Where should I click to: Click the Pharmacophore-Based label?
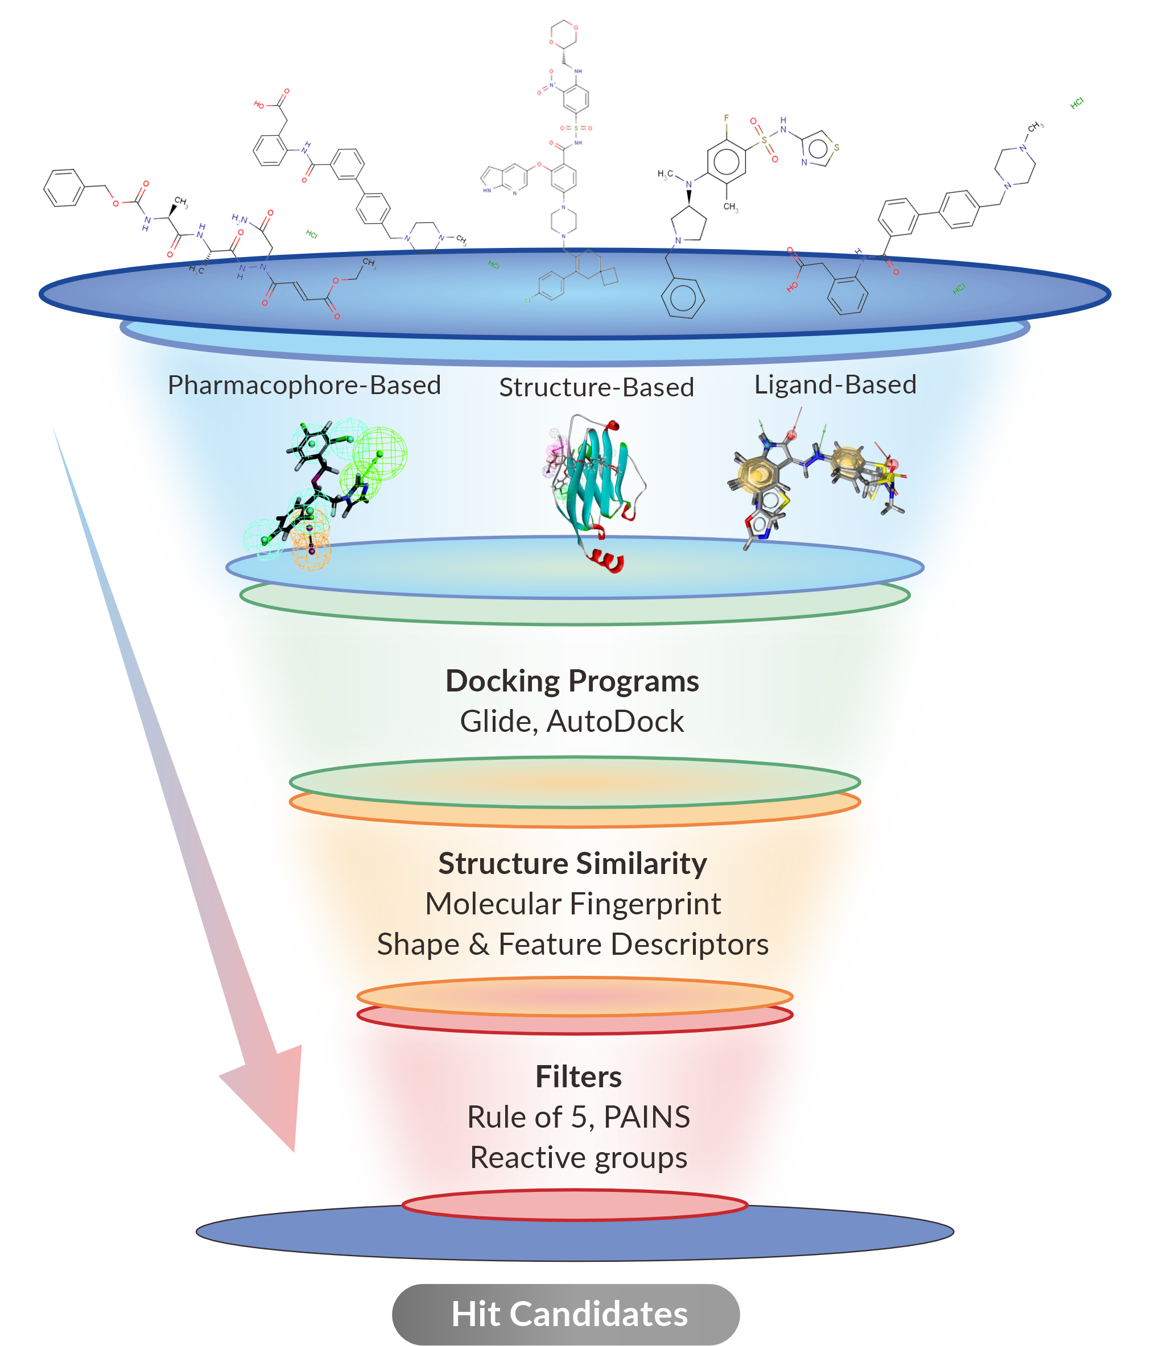pyautogui.click(x=304, y=385)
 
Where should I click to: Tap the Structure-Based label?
pyautogui.click(x=596, y=387)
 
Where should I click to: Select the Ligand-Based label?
pyautogui.click(x=835, y=384)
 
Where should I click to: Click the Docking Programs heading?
pyautogui.click(x=572, y=681)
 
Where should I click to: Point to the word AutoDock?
pyautogui.click(x=615, y=722)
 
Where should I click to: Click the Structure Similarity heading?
pyautogui.click(x=572, y=864)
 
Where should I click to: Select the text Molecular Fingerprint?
pyautogui.click(x=572, y=904)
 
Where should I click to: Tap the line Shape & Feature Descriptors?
pyautogui.click(x=572, y=945)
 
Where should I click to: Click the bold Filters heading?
pyautogui.click(x=578, y=1077)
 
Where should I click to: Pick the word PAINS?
pyautogui.click(x=647, y=1117)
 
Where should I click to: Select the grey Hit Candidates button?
pyautogui.click(x=566, y=1314)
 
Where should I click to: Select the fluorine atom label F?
pyautogui.click(x=727, y=118)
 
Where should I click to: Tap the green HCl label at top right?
pyautogui.click(x=1076, y=102)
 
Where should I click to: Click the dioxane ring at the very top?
pyautogui.click(x=563, y=34)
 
